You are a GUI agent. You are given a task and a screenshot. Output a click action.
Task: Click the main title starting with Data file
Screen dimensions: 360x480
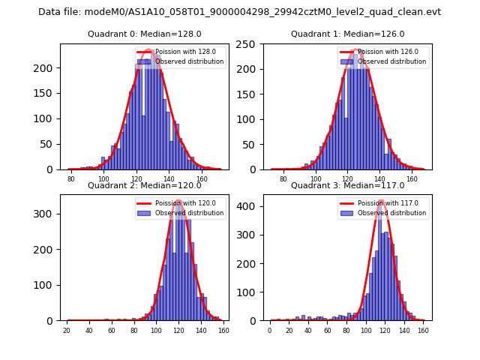point(240,12)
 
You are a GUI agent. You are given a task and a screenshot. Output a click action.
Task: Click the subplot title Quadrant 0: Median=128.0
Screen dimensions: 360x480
point(144,34)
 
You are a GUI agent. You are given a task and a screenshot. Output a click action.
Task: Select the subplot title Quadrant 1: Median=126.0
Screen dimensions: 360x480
point(347,34)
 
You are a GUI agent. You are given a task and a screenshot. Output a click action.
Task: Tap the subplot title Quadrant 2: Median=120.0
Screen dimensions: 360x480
point(144,185)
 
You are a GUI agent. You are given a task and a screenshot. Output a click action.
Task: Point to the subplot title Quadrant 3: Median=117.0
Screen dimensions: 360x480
point(347,185)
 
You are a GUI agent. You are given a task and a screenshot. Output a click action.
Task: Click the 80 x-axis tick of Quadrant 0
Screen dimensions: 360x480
point(71,179)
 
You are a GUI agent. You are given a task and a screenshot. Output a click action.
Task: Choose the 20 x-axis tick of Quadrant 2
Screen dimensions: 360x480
point(67,331)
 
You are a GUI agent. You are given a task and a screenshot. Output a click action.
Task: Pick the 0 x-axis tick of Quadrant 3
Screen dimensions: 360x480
point(270,331)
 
